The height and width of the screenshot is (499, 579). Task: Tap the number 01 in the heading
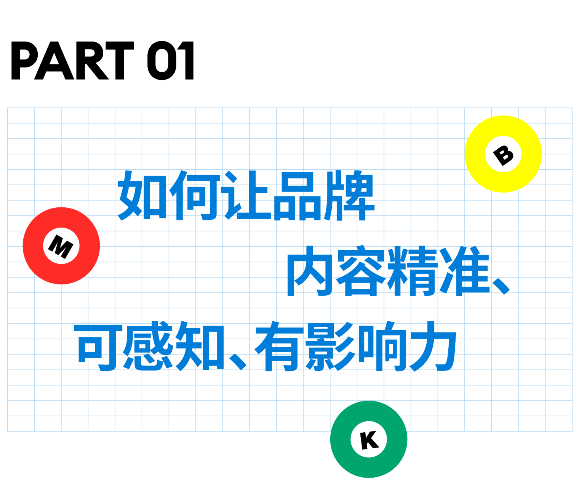click(171, 61)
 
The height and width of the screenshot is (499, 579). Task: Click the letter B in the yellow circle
click(503, 154)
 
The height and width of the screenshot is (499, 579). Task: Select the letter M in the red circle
click(61, 246)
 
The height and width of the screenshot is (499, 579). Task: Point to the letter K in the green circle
click(369, 440)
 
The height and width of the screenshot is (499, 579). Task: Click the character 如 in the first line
click(142, 195)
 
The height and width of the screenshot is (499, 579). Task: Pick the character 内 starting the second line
click(310, 271)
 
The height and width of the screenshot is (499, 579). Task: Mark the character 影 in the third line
click(331, 346)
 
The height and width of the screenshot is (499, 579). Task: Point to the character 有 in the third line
click(280, 346)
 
